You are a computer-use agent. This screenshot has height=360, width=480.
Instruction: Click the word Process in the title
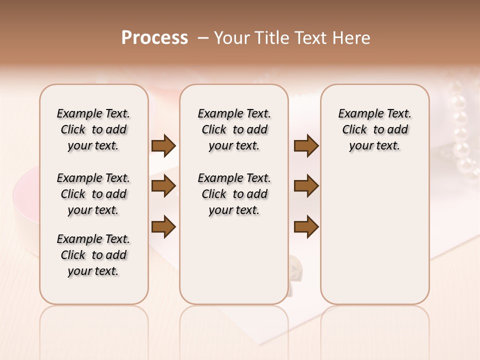pos(154,38)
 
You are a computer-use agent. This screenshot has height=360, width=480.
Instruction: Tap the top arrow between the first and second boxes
pos(163,145)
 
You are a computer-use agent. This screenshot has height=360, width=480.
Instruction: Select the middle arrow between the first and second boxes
pos(163,186)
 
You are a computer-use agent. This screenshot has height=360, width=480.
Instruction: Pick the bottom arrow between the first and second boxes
pos(163,226)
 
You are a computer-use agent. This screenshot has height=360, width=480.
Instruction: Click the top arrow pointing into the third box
pos(306,145)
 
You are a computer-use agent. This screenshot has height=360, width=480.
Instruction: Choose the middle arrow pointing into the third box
pos(306,186)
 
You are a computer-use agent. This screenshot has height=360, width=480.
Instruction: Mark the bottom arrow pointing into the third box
pos(306,226)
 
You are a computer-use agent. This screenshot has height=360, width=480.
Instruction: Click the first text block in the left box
pos(93,129)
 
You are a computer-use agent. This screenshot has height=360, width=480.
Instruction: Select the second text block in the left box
pos(93,194)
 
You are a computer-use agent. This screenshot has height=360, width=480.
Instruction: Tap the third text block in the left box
pos(93,255)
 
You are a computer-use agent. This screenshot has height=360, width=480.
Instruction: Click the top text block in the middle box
pos(234,129)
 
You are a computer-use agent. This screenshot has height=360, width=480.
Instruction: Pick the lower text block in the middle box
pos(234,194)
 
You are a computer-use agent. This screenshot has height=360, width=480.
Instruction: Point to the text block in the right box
pos(374,129)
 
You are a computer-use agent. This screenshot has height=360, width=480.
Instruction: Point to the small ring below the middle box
pos(295,267)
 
